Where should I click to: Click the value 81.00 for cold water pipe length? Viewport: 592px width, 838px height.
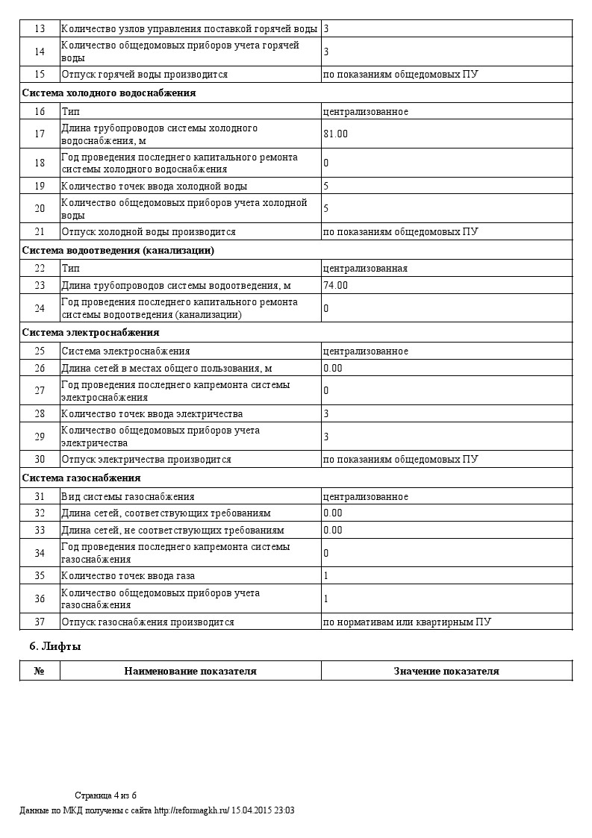point(335,134)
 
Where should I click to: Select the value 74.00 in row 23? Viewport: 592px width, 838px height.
point(335,285)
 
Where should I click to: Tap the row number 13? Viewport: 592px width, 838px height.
point(40,28)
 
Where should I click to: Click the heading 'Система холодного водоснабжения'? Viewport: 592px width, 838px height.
point(109,93)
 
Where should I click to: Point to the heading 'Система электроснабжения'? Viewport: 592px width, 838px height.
point(90,332)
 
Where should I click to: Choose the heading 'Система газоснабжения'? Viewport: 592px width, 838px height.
point(81,478)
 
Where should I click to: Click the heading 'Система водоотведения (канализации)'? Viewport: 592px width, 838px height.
point(118,250)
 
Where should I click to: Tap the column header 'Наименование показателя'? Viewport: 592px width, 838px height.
point(190,671)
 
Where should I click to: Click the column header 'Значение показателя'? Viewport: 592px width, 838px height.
point(446,671)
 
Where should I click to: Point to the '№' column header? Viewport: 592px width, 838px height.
point(40,671)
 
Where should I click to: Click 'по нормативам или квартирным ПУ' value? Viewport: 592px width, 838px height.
point(407,622)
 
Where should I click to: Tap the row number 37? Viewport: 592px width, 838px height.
point(40,622)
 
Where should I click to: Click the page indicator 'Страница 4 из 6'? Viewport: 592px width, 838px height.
point(105,795)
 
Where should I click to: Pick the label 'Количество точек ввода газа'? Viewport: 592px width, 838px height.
point(131,576)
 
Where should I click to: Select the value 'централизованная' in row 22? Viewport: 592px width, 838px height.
point(365,268)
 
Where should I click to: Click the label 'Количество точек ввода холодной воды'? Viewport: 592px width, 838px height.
point(154,186)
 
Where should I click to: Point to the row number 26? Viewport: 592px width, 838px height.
point(40,368)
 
